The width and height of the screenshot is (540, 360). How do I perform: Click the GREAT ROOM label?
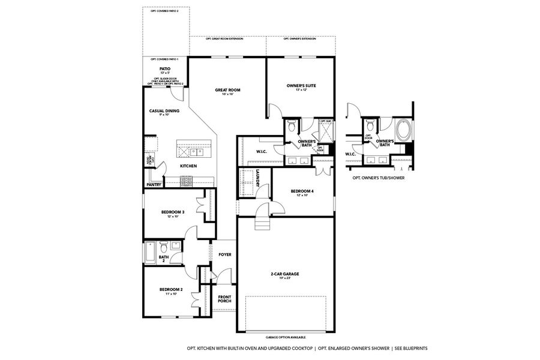click(x=228, y=90)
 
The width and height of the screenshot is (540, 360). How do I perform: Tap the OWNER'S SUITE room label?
click(x=301, y=85)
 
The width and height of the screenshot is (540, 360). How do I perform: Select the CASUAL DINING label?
click(x=164, y=111)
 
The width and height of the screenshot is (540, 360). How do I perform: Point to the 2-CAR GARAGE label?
click(x=284, y=274)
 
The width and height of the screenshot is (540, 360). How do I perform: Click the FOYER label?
click(x=224, y=254)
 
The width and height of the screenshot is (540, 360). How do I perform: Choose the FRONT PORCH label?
click(x=224, y=299)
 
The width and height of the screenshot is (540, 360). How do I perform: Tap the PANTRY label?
click(x=154, y=185)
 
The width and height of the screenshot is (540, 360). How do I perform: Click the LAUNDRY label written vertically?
click(x=257, y=179)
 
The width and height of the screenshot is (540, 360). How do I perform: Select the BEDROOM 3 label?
click(x=172, y=212)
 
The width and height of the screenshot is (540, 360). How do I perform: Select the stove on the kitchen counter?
click(x=187, y=180)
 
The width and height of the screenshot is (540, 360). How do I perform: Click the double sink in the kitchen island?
click(x=197, y=150)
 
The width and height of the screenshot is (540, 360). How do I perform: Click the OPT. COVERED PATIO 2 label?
click(x=166, y=11)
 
